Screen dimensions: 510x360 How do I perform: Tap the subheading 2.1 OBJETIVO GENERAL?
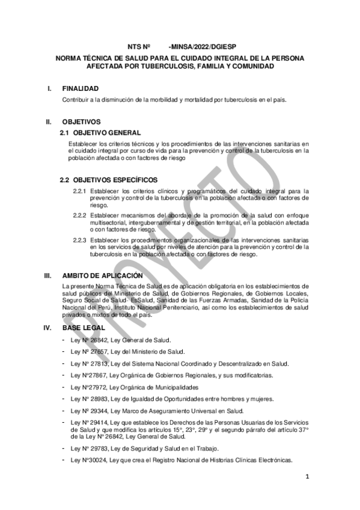point(100,132)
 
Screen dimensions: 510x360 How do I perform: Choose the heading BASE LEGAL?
point(84,328)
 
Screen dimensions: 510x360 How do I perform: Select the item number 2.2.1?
point(80,191)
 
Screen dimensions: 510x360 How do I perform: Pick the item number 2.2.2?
point(80,215)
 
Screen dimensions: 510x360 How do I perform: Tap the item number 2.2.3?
point(80,239)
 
